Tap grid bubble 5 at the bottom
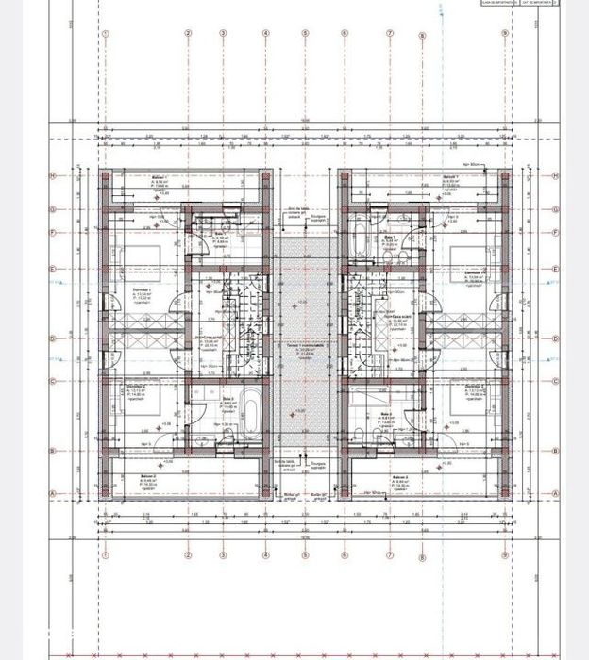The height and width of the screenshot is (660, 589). (305, 556)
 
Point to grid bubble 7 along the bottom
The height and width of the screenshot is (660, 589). (390, 556)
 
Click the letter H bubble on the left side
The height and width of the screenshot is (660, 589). (55, 175)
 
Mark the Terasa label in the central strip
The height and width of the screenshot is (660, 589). (304, 344)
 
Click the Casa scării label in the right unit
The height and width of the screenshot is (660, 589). (392, 316)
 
